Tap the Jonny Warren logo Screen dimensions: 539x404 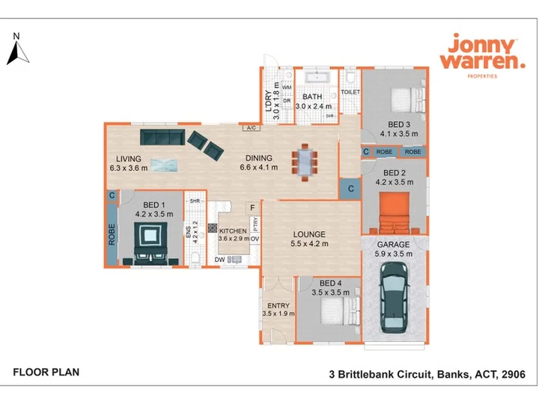point(483,55)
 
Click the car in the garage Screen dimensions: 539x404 point(395,298)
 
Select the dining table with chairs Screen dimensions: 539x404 point(305,162)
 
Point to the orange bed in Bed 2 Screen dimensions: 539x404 point(395,213)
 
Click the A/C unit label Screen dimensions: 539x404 point(252,128)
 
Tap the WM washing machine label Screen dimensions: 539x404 point(287,88)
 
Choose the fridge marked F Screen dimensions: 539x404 point(253,208)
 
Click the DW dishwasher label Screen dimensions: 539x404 point(219,260)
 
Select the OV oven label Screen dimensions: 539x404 point(255,239)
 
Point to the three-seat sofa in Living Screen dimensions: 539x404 point(162,137)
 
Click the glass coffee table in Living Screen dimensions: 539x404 point(164,165)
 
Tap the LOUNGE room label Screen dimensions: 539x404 point(309,234)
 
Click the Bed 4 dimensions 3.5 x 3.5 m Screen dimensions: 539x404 point(330,293)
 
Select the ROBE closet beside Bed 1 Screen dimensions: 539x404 point(112,234)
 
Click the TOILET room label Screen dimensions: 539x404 point(350,92)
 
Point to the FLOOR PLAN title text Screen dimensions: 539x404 point(46,372)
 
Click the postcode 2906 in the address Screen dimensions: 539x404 point(514,374)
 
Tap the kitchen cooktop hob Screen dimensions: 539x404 point(213,228)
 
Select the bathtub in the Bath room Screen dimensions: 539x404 point(317,77)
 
